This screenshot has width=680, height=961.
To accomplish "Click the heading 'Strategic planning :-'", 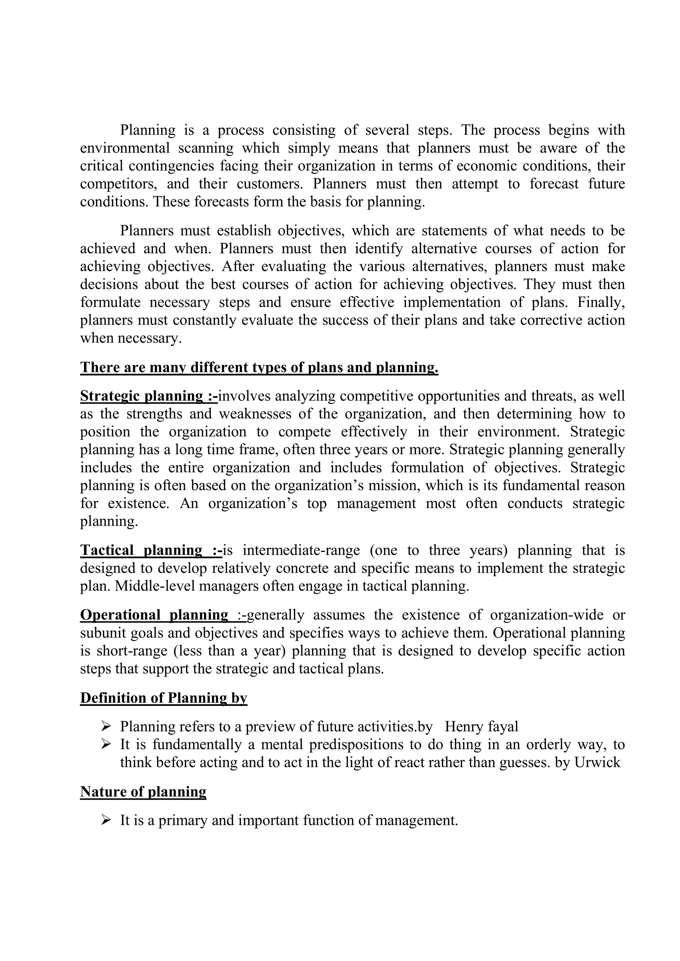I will tap(149, 396).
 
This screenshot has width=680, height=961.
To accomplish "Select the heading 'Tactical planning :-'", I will tap(151, 550).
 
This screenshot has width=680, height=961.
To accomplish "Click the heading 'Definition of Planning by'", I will tap(163, 698).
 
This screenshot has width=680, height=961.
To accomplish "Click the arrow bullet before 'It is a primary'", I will tap(106, 820).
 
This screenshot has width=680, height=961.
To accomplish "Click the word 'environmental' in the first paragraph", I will tap(125, 148).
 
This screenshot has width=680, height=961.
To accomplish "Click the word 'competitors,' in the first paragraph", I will tap(119, 184).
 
